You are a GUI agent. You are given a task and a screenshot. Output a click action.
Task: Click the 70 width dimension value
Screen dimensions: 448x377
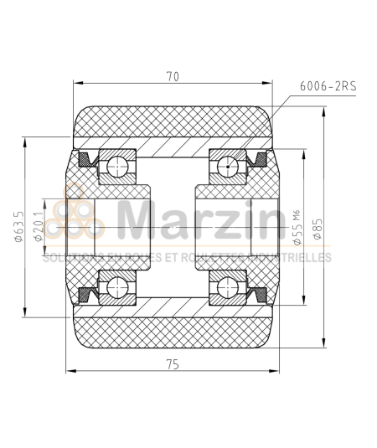(x=173, y=77)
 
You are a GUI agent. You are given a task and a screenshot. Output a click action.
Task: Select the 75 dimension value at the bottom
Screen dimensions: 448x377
(x=173, y=364)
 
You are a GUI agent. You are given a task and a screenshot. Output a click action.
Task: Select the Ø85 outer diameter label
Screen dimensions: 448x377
(x=318, y=227)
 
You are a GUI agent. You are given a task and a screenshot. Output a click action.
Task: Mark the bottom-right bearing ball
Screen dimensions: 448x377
(x=226, y=288)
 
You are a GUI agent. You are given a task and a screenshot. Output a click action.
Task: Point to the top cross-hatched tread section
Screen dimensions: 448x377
(x=173, y=122)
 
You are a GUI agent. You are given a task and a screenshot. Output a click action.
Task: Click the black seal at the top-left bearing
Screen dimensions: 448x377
(x=85, y=159)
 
